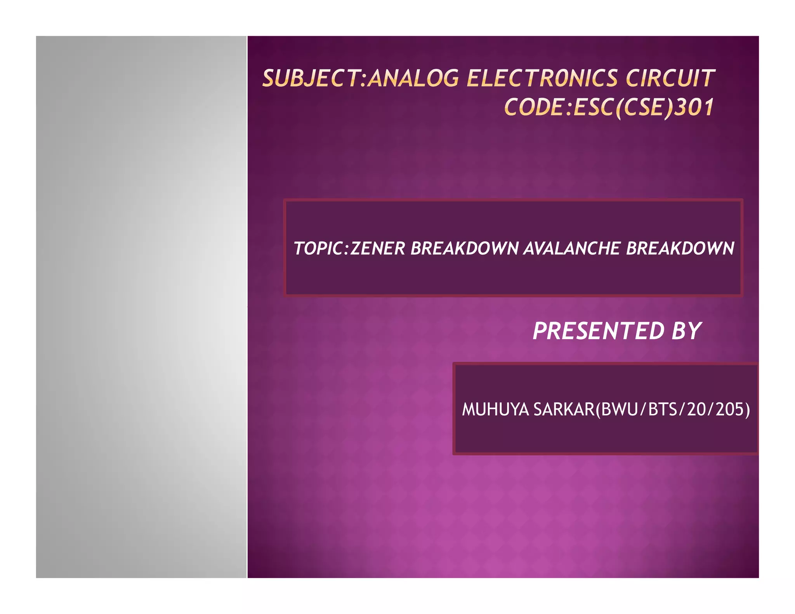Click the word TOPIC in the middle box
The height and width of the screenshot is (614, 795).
[319, 249]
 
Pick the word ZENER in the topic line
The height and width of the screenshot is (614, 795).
[378, 249]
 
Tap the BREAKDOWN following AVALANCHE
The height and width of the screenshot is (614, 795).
[680, 249]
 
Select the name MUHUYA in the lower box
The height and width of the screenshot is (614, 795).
[495, 409]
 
